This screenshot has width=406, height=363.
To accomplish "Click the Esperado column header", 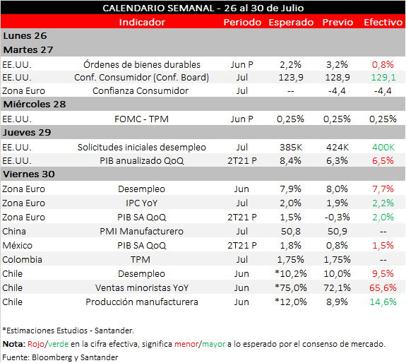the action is [x=291, y=23].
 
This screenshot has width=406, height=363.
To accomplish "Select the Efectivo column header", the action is [x=383, y=23].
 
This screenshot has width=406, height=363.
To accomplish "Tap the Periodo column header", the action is [x=242, y=23].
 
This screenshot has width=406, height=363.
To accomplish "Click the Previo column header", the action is [x=338, y=23].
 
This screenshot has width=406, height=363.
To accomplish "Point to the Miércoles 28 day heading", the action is [x=35, y=104].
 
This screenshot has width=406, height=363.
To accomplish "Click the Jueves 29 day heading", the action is [x=27, y=132].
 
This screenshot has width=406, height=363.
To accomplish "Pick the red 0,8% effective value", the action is [x=383, y=64].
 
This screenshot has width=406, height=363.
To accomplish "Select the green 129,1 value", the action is [x=383, y=78].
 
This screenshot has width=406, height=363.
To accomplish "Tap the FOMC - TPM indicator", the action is [x=141, y=119].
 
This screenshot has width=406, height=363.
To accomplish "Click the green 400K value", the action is [x=383, y=148].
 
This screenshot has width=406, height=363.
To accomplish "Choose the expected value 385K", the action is [x=291, y=148].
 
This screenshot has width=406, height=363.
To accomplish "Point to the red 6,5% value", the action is [x=383, y=161].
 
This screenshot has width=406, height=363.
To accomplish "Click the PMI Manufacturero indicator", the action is [x=141, y=231].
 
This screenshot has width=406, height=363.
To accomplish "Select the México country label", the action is [x=18, y=245].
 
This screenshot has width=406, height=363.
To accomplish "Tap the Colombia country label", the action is [x=23, y=259].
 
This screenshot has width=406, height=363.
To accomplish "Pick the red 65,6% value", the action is [x=383, y=287].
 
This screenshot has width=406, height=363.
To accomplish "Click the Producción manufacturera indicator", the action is [x=142, y=302].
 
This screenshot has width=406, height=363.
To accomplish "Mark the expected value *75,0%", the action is [x=291, y=287].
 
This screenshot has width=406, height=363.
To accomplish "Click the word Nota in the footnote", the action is [x=14, y=344].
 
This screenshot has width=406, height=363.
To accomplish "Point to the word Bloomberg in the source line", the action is [x=52, y=357].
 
